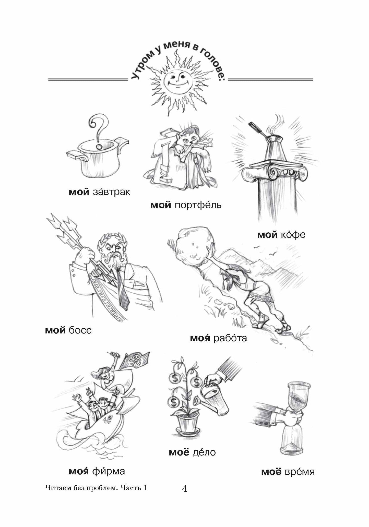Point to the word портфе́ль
click(x=198, y=205)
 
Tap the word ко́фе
click(x=293, y=235)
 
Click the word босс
click(x=80, y=331)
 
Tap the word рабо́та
click(x=230, y=339)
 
